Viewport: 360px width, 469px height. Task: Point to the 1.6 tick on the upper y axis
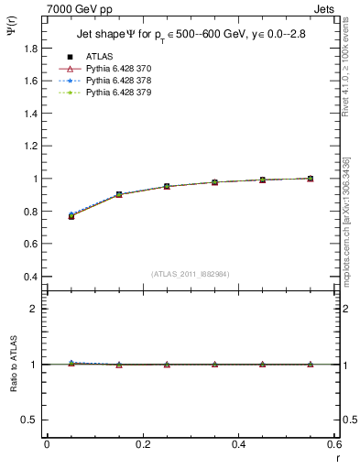(31, 81)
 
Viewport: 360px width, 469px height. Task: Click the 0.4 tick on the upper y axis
(31, 277)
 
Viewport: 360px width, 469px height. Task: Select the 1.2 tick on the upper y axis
(31, 130)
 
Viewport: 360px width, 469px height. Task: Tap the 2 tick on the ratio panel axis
(35, 309)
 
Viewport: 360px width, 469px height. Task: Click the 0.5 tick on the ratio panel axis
(31, 420)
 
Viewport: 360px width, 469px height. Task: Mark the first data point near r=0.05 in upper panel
(71, 216)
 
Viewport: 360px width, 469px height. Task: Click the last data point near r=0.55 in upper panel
(310, 179)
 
